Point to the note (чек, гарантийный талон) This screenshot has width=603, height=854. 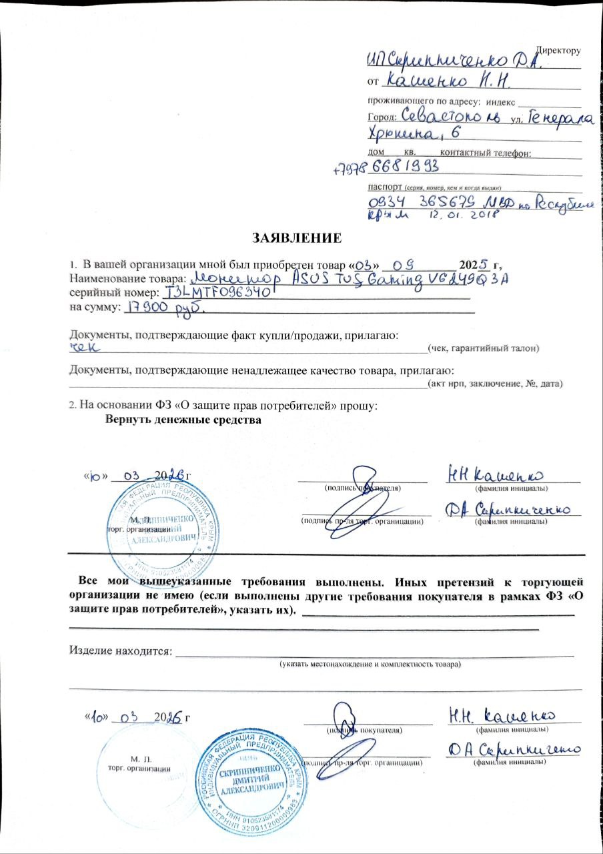[x=483, y=348]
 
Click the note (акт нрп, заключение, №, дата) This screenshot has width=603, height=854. [x=495, y=384]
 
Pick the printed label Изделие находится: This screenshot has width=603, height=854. [x=121, y=651]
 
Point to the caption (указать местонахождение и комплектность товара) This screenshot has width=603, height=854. [x=370, y=665]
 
